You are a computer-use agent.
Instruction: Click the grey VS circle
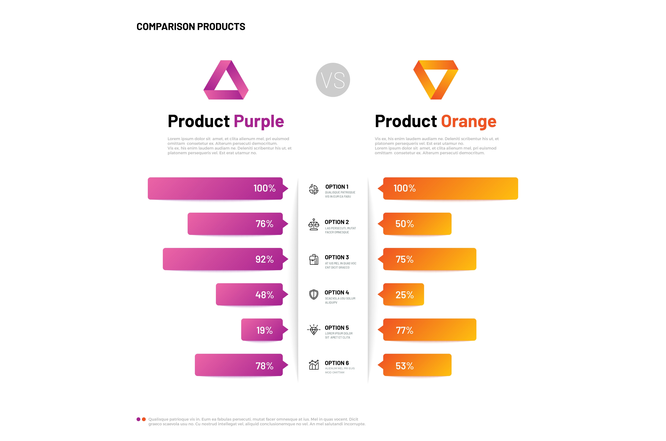click(333, 80)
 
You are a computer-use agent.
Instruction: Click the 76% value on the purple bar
click(264, 224)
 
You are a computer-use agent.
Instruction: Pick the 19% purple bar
click(262, 330)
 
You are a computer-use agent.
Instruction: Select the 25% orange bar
click(403, 294)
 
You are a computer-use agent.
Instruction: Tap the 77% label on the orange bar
click(404, 330)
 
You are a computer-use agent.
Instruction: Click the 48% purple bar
click(249, 294)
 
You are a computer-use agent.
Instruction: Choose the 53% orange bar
click(417, 365)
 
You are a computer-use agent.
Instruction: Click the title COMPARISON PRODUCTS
click(191, 27)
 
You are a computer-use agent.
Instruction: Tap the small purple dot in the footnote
click(138, 419)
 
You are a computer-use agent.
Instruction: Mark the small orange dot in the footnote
click(144, 419)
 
